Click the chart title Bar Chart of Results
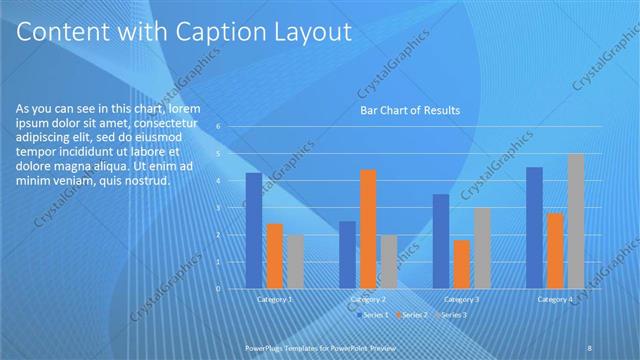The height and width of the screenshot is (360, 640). [410, 111]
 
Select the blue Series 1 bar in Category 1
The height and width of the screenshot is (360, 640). [254, 230]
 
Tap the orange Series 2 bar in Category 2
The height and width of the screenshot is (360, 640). [368, 229]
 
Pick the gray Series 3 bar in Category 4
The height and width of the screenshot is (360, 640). [576, 221]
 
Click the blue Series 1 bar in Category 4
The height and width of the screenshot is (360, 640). [534, 228]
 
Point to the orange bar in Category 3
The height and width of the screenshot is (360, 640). [461, 264]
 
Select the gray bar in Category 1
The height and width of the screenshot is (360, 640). [294, 262]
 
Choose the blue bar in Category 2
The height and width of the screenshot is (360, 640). [347, 255]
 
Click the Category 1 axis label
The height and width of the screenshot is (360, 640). [275, 299]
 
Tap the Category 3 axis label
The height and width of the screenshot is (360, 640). [462, 299]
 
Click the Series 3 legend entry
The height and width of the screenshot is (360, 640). [452, 315]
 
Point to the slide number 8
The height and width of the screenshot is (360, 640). [590, 347]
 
